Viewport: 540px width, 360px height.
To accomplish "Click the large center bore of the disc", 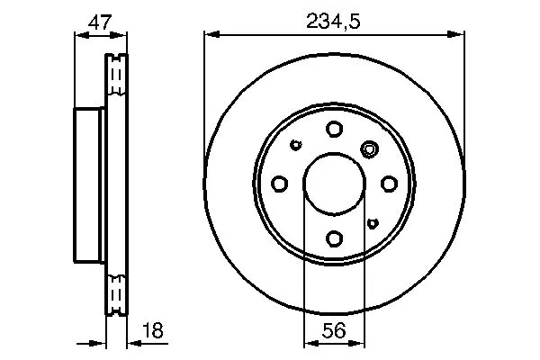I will tap(333, 183).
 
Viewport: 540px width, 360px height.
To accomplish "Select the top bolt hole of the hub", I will tap(334, 128).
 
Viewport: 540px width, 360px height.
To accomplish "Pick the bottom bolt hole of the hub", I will tap(334, 238).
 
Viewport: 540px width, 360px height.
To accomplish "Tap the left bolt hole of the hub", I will tap(279, 184).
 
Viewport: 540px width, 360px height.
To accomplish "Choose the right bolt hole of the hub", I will tap(389, 184).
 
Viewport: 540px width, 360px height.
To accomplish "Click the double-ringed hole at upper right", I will tap(369, 148).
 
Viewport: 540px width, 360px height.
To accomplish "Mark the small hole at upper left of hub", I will tap(296, 143).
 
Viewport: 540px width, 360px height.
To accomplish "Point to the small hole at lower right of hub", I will tap(372, 221).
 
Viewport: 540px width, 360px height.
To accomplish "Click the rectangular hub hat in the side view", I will tap(88, 183).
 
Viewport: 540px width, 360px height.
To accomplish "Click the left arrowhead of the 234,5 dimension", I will tap(209, 34).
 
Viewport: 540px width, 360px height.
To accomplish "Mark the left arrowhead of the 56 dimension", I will tap(308, 342).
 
